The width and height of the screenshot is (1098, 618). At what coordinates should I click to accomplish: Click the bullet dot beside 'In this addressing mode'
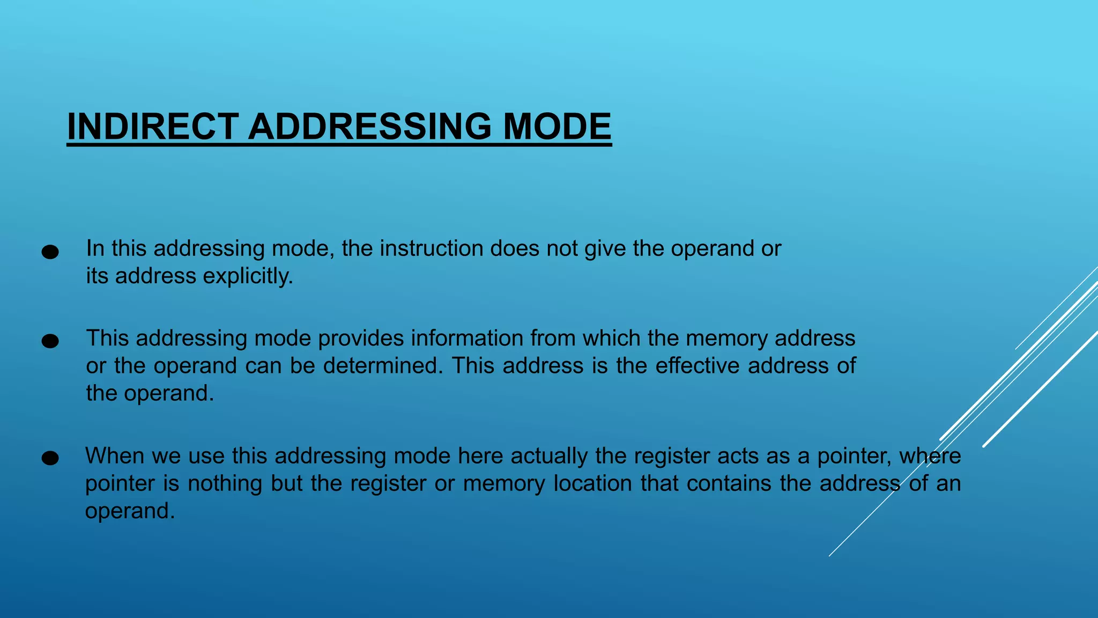pyautogui.click(x=50, y=252)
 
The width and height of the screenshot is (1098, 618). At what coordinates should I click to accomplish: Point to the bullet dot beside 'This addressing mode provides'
pyautogui.click(x=50, y=341)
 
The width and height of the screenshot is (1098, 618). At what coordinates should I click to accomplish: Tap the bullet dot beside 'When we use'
pyautogui.click(x=50, y=458)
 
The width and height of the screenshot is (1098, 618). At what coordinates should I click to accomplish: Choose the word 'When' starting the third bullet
pyautogui.click(x=115, y=456)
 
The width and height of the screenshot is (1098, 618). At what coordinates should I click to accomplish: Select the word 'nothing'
pyautogui.click(x=225, y=483)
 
